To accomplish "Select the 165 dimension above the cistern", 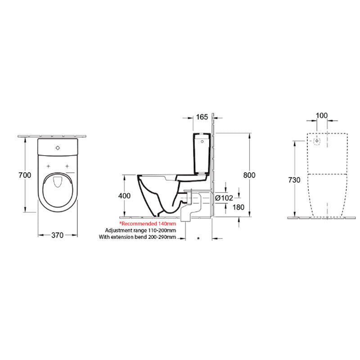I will click(202, 117).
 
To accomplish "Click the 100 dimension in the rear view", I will click(321, 116).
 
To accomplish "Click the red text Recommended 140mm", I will click(147, 223).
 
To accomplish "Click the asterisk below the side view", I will click(198, 237).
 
